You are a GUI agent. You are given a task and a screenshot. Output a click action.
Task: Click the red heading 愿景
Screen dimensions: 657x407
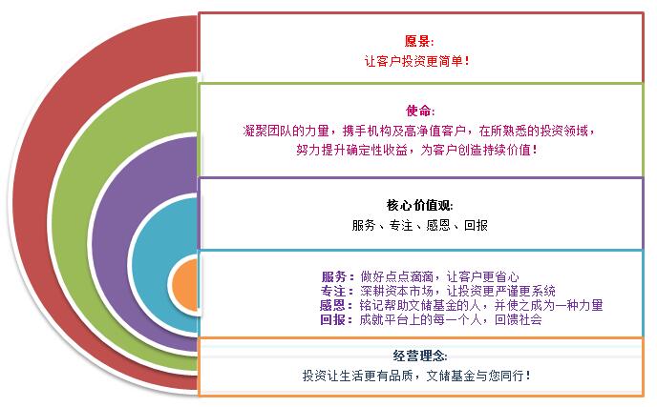point(418,41)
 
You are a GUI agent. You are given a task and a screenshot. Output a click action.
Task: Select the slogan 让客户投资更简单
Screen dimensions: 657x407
point(416,61)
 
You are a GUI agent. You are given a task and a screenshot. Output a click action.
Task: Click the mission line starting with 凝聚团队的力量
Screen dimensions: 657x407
point(418,131)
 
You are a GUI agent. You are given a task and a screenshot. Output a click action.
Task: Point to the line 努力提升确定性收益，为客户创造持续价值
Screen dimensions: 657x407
point(416,150)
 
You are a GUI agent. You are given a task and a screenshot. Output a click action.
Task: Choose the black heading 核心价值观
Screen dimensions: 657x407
point(419,205)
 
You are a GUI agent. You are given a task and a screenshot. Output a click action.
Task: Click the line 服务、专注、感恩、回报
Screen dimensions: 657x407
point(419,225)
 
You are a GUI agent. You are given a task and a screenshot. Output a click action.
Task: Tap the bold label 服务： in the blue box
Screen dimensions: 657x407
point(337,276)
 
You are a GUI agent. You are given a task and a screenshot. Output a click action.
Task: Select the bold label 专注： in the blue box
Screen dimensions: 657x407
point(337,291)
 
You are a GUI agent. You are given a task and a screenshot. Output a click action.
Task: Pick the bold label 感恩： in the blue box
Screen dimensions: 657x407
point(336,305)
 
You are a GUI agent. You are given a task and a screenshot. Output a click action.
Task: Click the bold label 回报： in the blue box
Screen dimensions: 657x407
point(336,319)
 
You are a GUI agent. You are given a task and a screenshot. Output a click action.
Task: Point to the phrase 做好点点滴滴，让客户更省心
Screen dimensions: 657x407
point(439,276)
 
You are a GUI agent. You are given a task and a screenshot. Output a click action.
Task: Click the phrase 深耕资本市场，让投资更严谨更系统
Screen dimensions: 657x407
point(457,291)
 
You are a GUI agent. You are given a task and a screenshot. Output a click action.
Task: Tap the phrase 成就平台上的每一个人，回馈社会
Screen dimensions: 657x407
point(451,319)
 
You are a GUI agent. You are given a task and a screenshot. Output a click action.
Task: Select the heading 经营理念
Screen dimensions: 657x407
point(420,356)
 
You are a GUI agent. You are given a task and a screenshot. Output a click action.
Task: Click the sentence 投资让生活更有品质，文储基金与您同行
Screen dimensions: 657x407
point(416,376)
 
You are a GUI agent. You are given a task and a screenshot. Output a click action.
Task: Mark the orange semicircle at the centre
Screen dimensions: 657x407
point(185,284)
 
